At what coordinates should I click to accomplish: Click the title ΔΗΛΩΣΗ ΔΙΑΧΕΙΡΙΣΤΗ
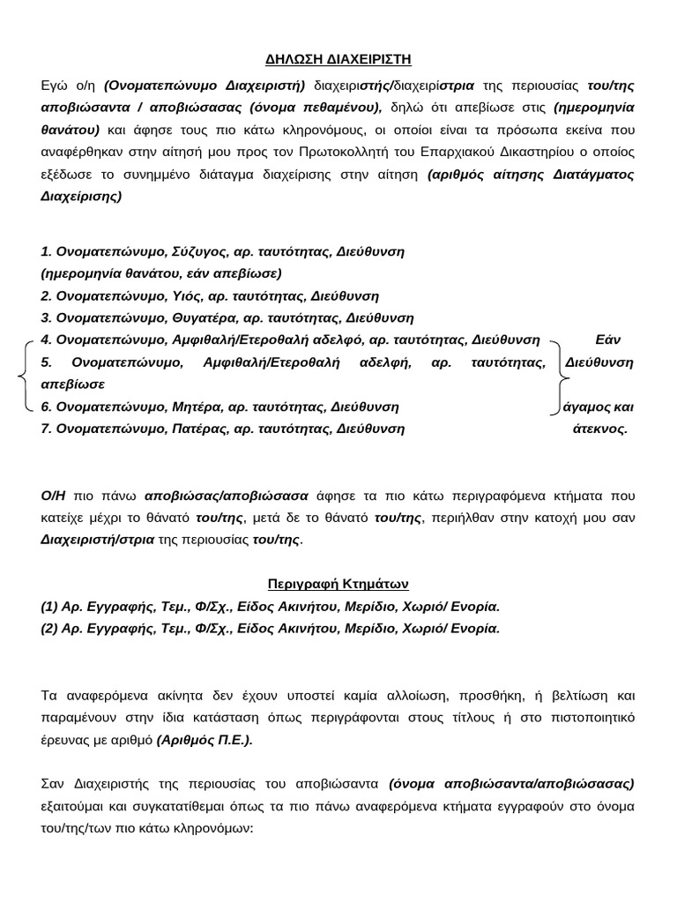pyautogui.click(x=338, y=60)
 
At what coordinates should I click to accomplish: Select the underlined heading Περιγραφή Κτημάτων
pyautogui.click(x=338, y=585)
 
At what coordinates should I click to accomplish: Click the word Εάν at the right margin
pyautogui.click(x=609, y=340)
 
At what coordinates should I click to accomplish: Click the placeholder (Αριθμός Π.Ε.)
pyautogui.click(x=205, y=740)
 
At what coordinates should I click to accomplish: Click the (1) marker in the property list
pyautogui.click(x=49, y=607)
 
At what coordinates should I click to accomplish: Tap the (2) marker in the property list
pyautogui.click(x=49, y=629)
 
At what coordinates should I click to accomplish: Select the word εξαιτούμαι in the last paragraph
pyautogui.click(x=74, y=807)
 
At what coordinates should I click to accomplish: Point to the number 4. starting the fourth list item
pyautogui.click(x=47, y=340)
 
